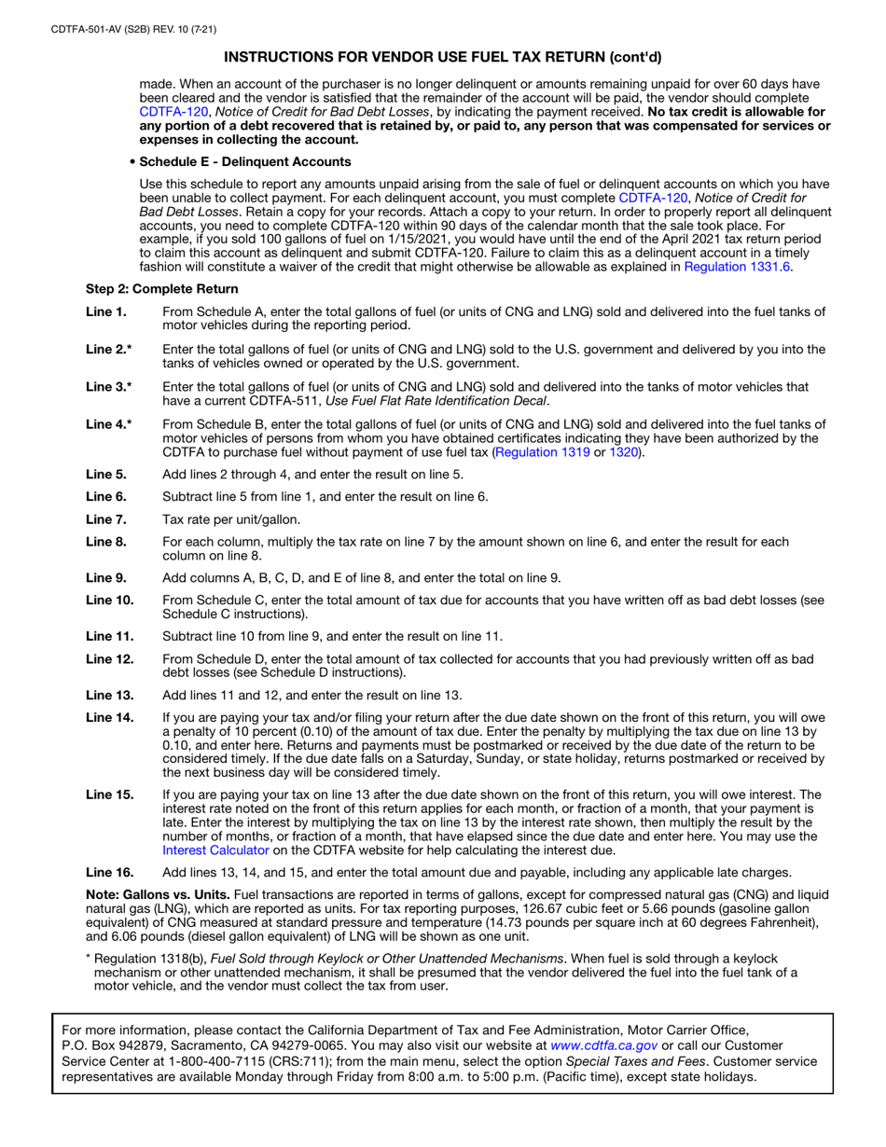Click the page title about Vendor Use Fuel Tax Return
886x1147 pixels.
(443, 56)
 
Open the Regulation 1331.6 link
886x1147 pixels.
(738, 267)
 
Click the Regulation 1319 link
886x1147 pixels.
(544, 452)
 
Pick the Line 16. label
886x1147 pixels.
(109, 873)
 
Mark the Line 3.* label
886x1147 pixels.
(108, 386)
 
